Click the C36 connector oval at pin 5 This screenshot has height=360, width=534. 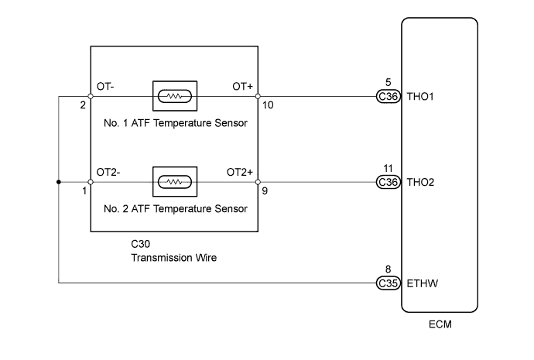[387, 97]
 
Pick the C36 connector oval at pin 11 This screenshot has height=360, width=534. [387, 183]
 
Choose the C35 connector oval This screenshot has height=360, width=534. [387, 283]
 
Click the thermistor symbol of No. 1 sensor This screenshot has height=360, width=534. [176, 97]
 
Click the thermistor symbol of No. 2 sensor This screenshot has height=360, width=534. [176, 183]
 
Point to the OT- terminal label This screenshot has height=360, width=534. [107, 86]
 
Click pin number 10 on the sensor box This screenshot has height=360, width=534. [268, 105]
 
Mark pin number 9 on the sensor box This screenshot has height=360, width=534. [265, 190]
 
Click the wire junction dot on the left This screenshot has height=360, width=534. [59, 183]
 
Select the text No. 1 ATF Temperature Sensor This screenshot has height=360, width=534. [175, 122]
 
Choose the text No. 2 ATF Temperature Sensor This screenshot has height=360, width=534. [175, 208]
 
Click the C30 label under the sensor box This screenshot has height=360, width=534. [141, 244]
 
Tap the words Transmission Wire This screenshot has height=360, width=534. [173, 257]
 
